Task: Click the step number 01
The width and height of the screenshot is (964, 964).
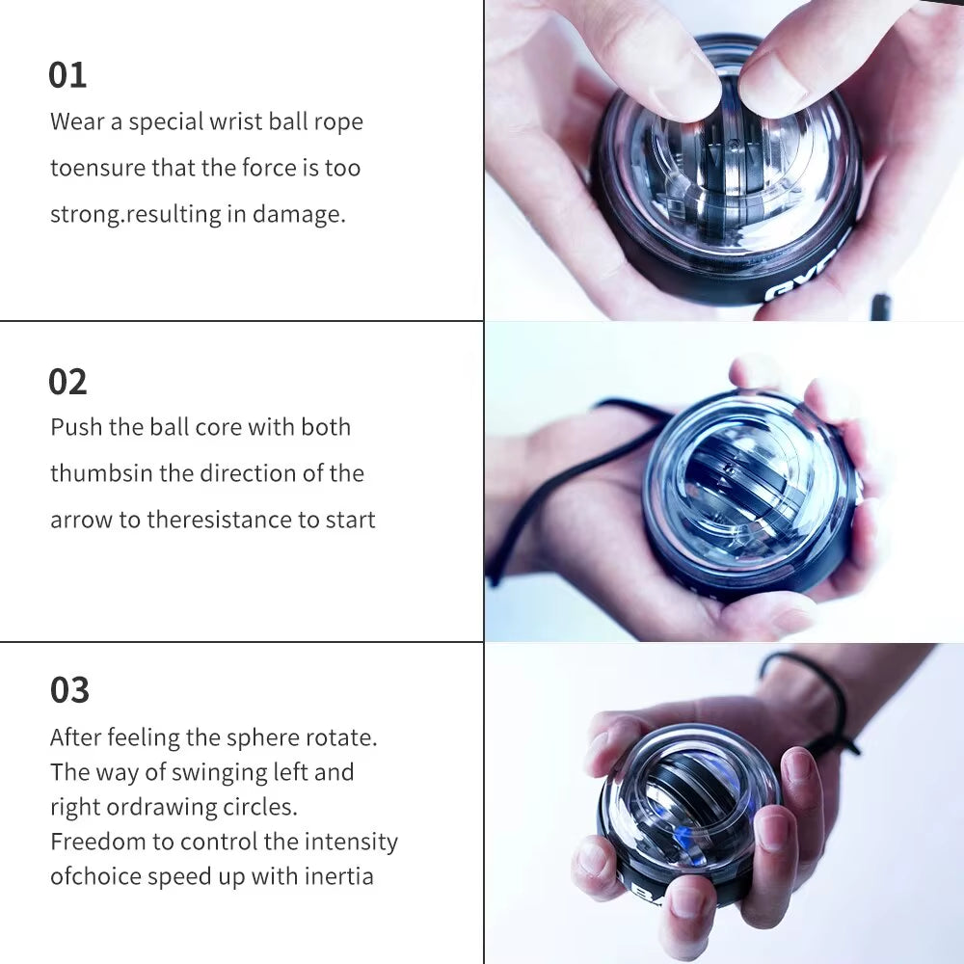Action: (67, 75)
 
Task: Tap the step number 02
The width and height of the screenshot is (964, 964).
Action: (67, 382)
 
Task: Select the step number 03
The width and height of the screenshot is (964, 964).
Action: (69, 690)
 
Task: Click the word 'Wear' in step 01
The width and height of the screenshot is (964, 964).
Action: (77, 122)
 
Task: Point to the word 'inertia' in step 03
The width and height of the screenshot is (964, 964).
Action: (339, 876)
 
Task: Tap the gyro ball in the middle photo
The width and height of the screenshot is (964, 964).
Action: (747, 492)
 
